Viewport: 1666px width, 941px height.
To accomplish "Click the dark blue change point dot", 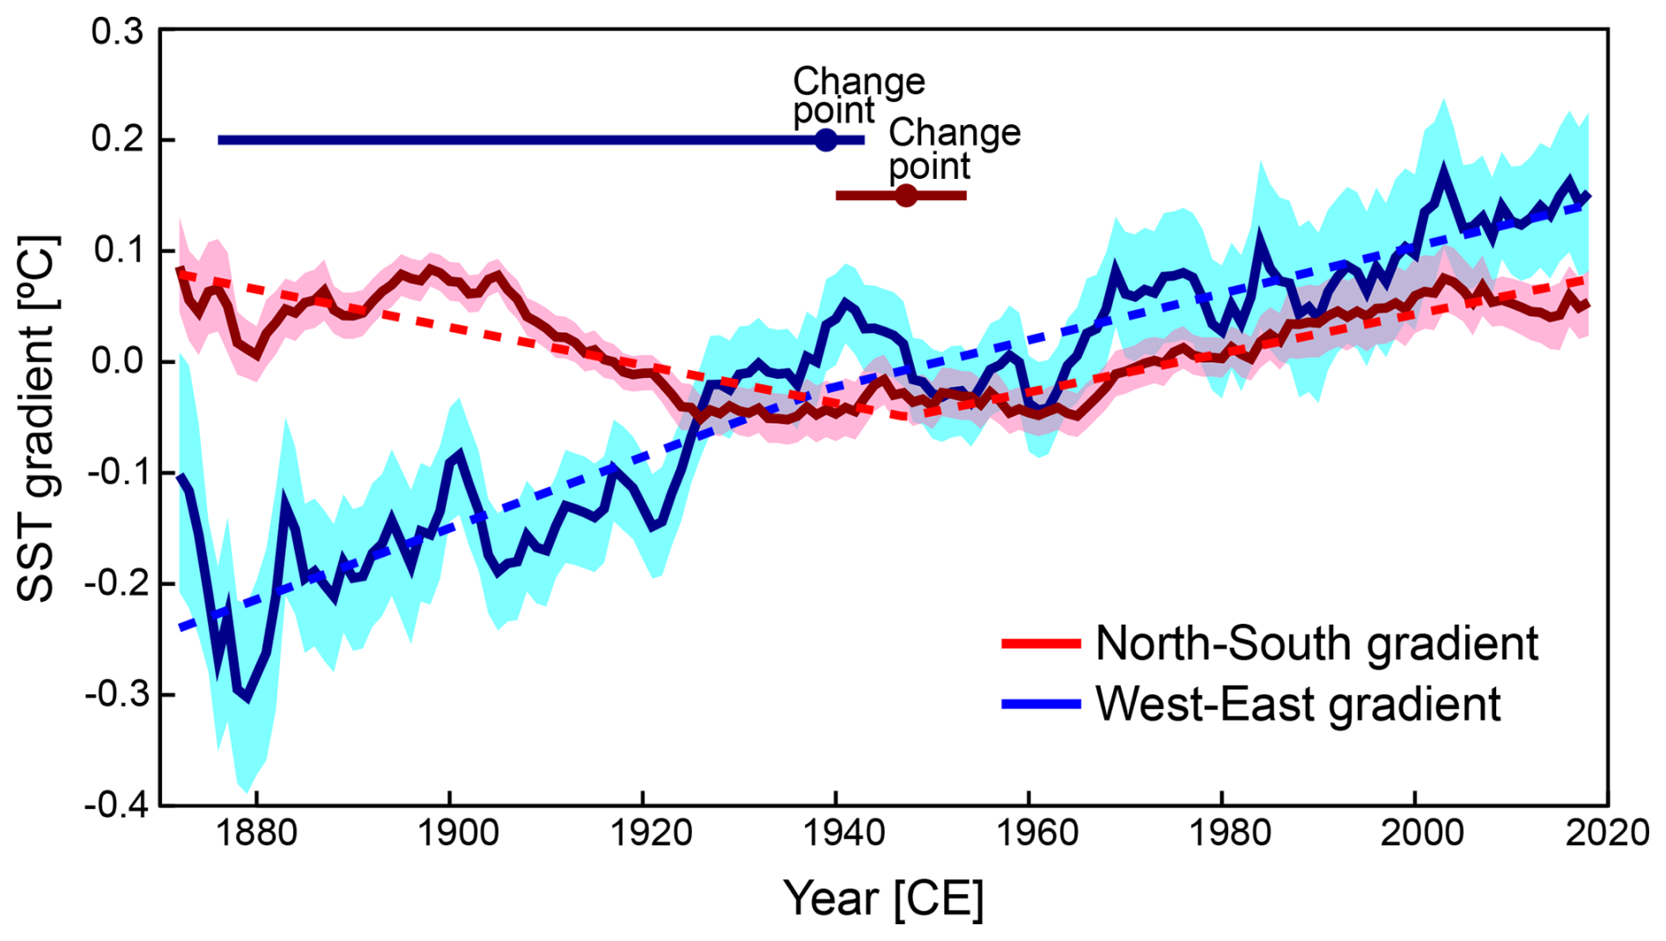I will [825, 140].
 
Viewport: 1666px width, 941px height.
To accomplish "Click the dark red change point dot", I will [905, 196].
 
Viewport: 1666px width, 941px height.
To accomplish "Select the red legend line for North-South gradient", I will [1041, 643].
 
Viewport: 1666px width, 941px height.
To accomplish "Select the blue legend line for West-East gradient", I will [1041, 704].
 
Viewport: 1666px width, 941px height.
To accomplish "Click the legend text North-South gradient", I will [1316, 643].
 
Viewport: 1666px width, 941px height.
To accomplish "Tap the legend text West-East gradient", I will [1298, 704].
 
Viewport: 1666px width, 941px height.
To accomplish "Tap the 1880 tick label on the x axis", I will [256, 833].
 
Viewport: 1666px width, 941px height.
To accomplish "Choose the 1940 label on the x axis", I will [836, 833].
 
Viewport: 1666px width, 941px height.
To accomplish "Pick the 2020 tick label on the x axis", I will [1606, 833].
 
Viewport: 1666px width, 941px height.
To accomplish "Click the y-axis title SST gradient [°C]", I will [37, 419].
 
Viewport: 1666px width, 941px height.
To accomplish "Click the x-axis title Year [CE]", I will [883, 899].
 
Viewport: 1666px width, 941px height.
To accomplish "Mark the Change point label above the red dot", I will [954, 148].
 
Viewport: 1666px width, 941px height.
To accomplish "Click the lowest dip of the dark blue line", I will [247, 700].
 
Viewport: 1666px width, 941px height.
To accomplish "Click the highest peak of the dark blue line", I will [1444, 167].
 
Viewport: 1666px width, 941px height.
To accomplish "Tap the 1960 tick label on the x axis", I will [1028, 833].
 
